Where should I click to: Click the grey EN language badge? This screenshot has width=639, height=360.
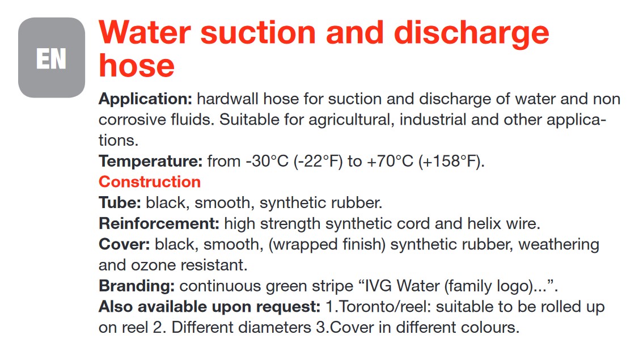[52, 57]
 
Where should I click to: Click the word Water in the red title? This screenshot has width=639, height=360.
[145, 32]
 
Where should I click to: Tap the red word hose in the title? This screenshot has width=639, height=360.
[137, 65]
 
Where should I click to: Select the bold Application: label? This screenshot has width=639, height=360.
[146, 99]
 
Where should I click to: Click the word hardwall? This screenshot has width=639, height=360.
[227, 99]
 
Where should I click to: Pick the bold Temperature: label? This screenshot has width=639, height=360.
[151, 162]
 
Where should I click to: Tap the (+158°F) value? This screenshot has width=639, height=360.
[451, 162]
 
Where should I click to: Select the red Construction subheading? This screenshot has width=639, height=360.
[150, 182]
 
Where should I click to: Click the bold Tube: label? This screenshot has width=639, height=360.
[120, 202]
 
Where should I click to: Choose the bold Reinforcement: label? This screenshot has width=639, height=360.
[159, 223]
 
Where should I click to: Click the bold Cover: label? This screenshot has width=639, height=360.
[124, 244]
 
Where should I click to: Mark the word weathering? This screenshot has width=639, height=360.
[558, 244]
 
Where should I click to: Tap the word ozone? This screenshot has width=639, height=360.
[153, 265]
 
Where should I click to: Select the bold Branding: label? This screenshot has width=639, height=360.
[137, 286]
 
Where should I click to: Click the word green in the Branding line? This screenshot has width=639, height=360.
[286, 287]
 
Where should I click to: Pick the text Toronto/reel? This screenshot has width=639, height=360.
[384, 307]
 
